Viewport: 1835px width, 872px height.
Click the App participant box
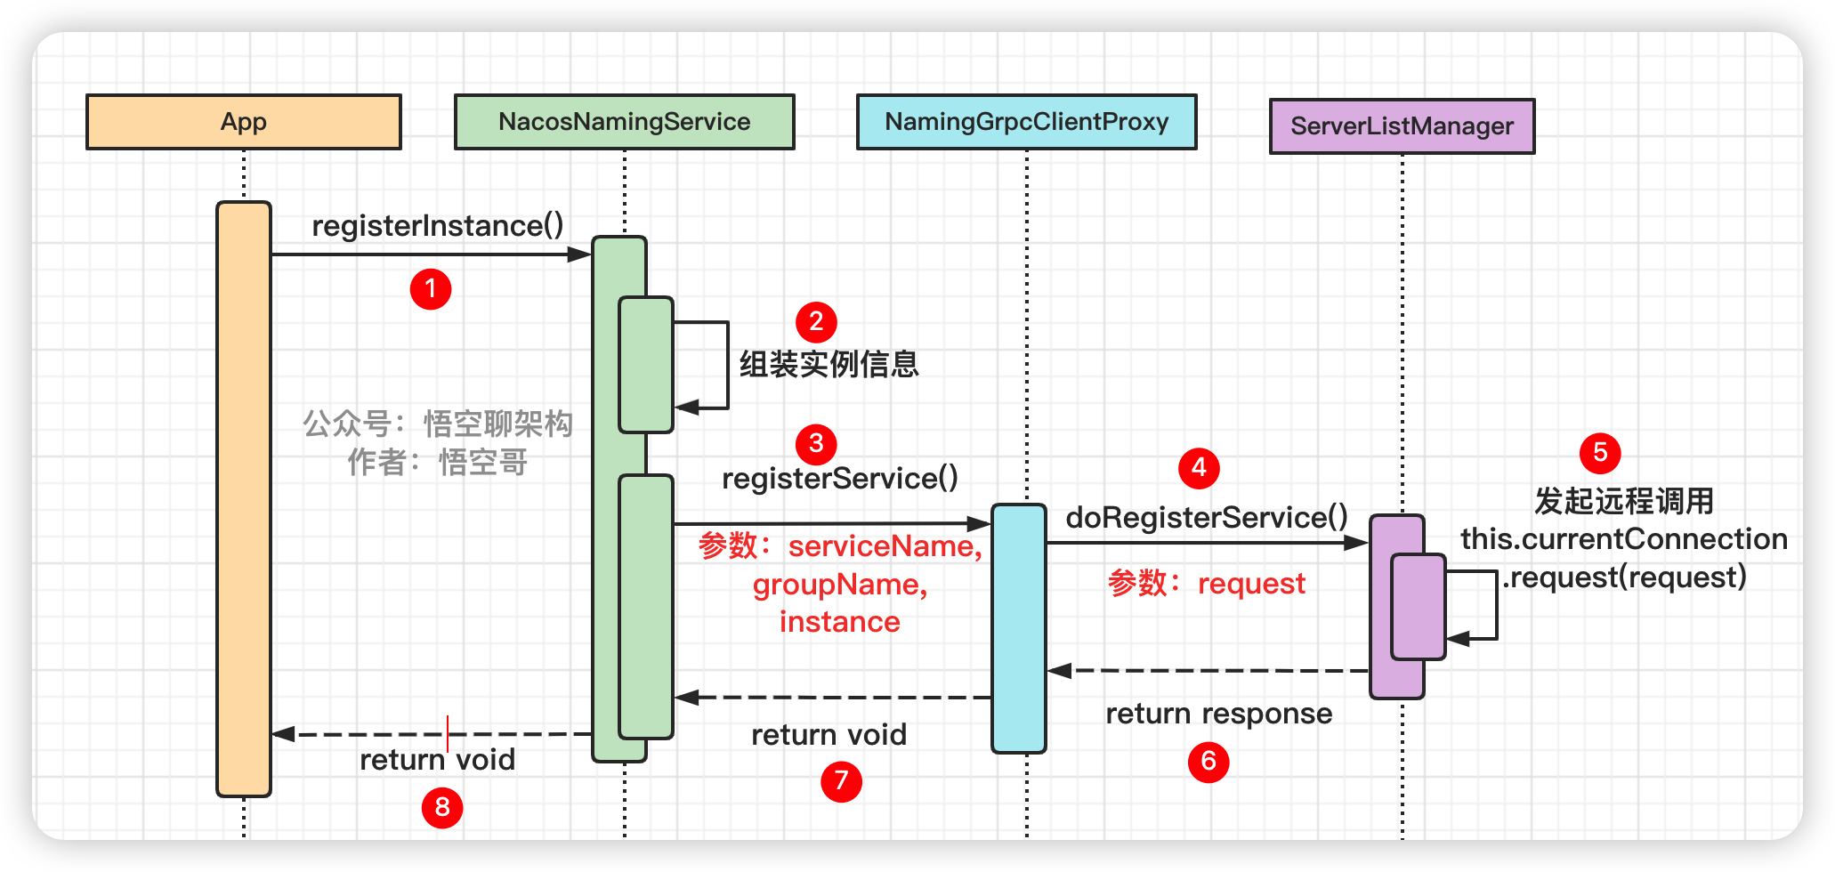(243, 122)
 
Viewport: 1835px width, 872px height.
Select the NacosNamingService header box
(624, 122)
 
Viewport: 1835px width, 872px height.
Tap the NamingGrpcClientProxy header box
(1026, 122)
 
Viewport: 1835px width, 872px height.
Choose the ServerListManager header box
(1402, 126)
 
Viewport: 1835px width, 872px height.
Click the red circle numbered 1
(431, 289)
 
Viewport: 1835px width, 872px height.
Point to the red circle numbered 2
(816, 322)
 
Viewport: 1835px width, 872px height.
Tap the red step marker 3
(816, 444)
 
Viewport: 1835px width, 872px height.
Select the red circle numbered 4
(1199, 468)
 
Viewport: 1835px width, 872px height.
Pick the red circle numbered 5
(1600, 453)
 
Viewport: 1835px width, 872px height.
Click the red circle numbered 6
(1209, 762)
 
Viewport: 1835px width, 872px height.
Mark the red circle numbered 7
(841, 781)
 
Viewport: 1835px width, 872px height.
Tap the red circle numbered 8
(442, 808)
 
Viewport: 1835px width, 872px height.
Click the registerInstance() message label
(438, 226)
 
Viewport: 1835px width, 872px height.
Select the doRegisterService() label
(1207, 517)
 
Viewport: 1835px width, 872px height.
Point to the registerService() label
(840, 479)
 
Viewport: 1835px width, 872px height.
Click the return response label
(1219, 714)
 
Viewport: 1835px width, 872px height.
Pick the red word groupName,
(840, 585)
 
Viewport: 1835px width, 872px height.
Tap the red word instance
(840, 622)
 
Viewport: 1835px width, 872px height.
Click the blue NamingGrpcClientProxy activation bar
(1019, 628)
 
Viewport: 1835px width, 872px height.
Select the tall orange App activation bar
(244, 498)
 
